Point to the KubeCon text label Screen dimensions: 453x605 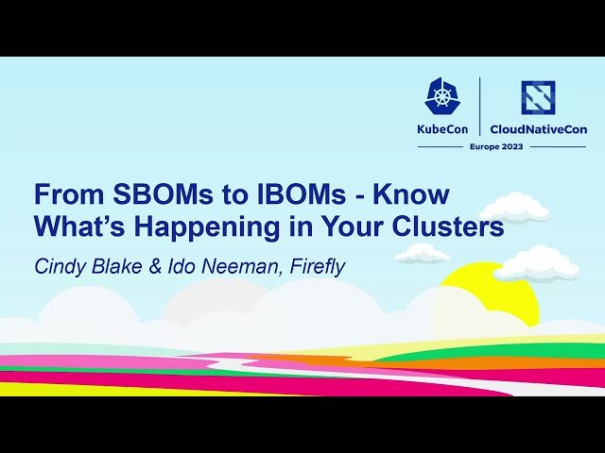(x=442, y=129)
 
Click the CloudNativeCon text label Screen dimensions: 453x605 (x=538, y=129)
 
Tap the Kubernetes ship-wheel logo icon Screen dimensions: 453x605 (x=442, y=96)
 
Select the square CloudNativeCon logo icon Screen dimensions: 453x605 (x=538, y=96)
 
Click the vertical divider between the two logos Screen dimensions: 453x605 (x=480, y=106)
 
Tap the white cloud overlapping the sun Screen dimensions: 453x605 (x=535, y=265)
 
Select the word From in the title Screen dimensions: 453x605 (x=62, y=195)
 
